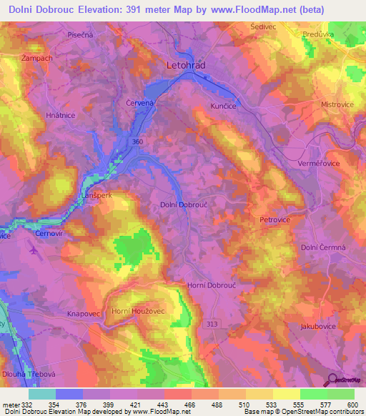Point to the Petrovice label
pyautogui.click(x=274, y=220)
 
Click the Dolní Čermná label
pyautogui.click(x=322, y=247)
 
